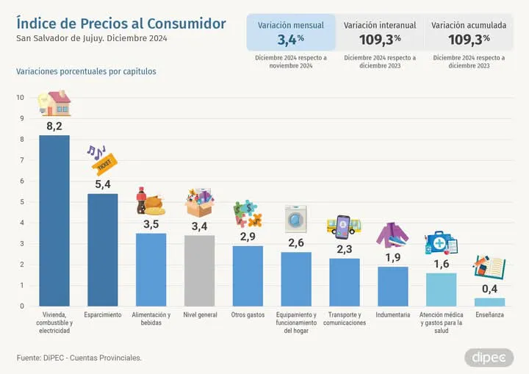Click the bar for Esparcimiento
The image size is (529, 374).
(x=102, y=250)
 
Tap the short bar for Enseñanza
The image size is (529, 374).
(x=489, y=301)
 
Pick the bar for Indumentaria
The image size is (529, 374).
(x=393, y=286)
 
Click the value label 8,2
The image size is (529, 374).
(x=54, y=126)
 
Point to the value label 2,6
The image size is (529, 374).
(x=296, y=242)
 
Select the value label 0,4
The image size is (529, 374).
(x=489, y=288)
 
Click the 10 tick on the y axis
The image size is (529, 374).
(x=20, y=98)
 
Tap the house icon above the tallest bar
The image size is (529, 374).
(x=54, y=104)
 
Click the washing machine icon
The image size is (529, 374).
(x=296, y=219)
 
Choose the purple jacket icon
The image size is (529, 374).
(x=392, y=234)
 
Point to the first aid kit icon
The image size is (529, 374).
(x=441, y=243)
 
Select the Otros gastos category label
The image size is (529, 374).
(x=248, y=314)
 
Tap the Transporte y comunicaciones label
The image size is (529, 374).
(x=345, y=319)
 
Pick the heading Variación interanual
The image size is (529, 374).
(x=380, y=25)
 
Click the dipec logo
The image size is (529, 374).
(x=489, y=358)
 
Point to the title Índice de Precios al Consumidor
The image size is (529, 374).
(x=120, y=24)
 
